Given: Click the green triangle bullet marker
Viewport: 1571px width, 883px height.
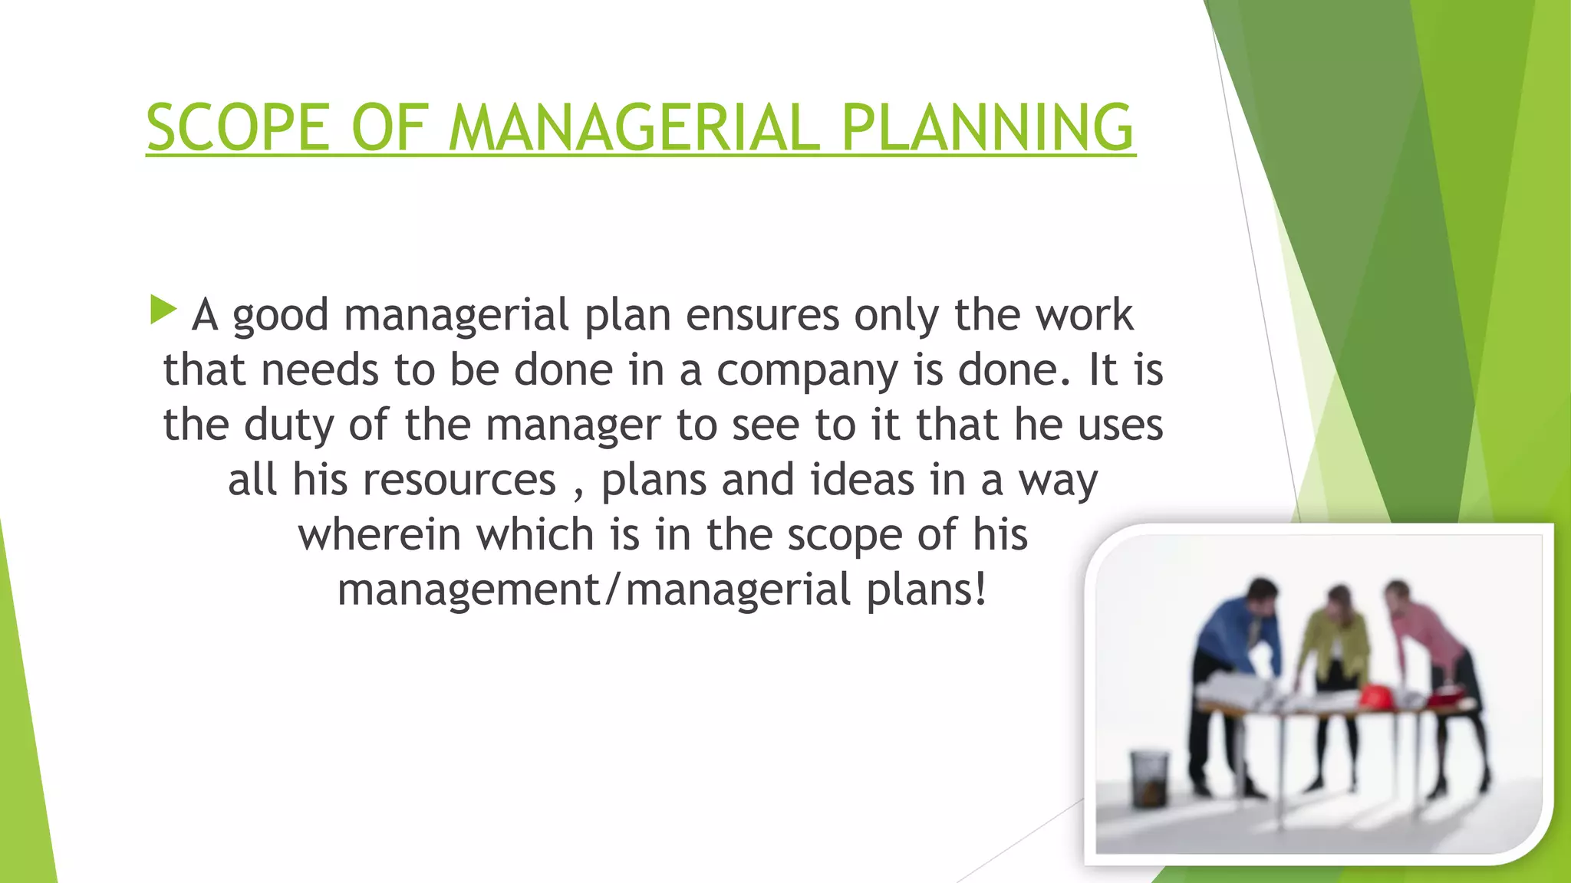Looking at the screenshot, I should [x=163, y=310].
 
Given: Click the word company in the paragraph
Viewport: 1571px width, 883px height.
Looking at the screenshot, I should [x=807, y=371].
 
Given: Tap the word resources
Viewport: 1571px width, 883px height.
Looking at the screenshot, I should [x=459, y=481].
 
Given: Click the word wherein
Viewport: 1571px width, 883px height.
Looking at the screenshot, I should [x=379, y=535].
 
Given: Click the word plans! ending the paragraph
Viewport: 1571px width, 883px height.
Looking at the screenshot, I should [x=927, y=590].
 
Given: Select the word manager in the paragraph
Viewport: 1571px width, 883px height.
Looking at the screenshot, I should [x=572, y=425].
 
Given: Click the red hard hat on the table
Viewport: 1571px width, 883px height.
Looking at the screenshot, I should [x=1375, y=696].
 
